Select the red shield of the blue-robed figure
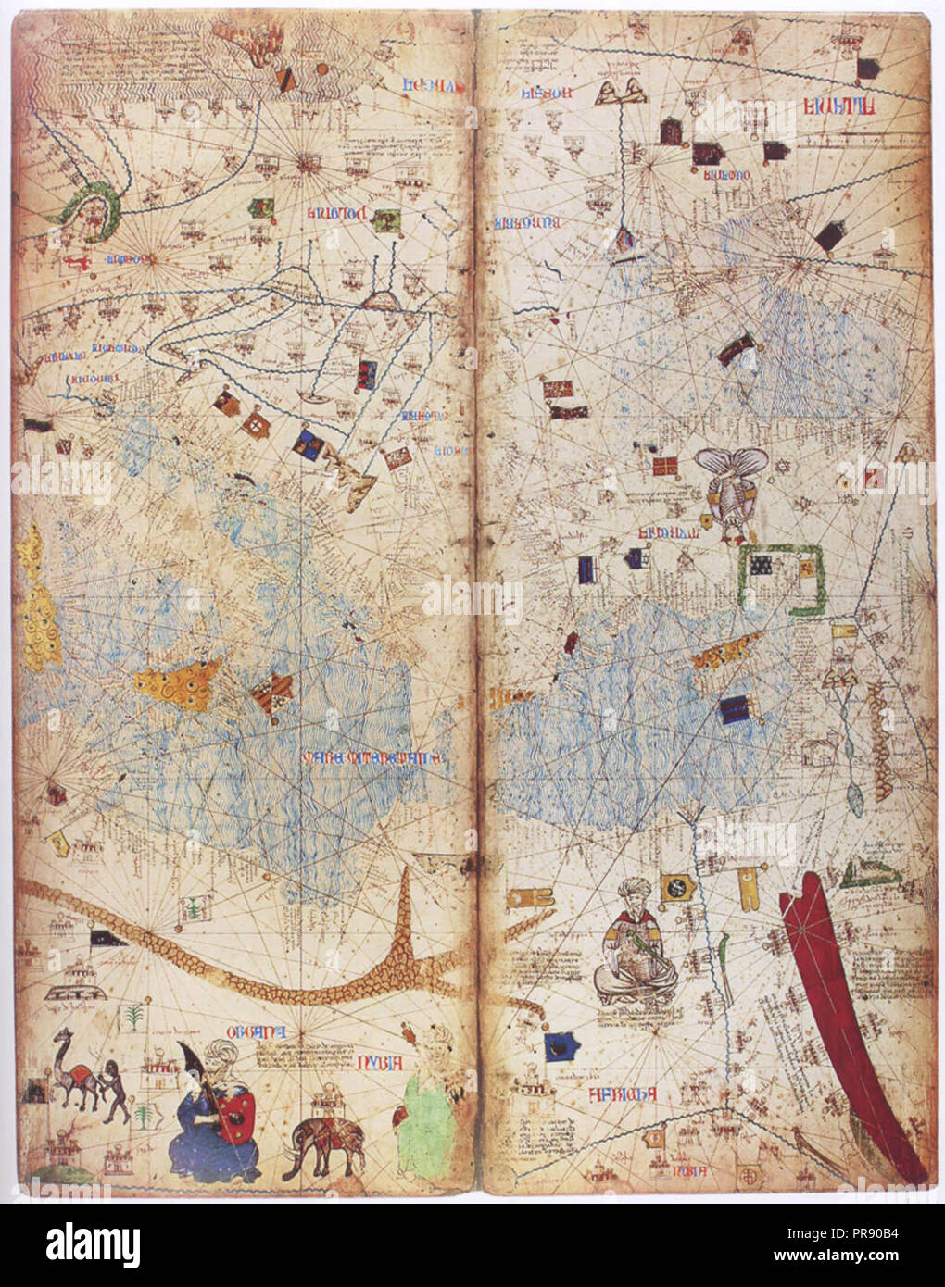pos(237,1116)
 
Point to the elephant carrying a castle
pos(326,1143)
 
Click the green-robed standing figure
pos(422,1111)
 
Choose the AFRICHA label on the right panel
pos(623,1094)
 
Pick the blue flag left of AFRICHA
pos(561,1048)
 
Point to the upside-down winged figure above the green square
pos(732,486)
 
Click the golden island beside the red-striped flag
pos(179,685)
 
